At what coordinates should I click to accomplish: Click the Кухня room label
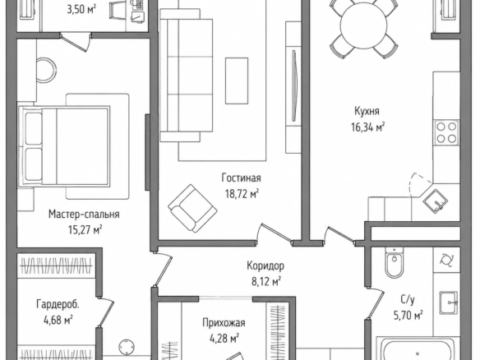click(x=367, y=111)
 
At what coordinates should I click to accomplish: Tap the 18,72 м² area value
click(x=242, y=193)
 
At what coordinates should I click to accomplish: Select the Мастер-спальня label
click(x=84, y=214)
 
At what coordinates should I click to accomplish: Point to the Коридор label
click(x=265, y=265)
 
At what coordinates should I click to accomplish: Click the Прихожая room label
click(x=224, y=323)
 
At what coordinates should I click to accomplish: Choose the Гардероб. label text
click(x=58, y=304)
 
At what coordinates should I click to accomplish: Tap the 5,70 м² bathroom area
click(x=408, y=315)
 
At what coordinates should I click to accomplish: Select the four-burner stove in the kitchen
click(x=446, y=133)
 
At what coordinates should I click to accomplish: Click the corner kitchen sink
click(x=436, y=201)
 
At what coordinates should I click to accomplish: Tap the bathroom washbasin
click(x=449, y=302)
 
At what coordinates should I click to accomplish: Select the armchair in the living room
click(x=192, y=208)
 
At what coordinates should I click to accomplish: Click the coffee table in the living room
click(x=237, y=81)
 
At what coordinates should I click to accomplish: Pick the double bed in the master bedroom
click(x=64, y=145)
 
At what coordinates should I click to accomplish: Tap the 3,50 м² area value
click(x=81, y=9)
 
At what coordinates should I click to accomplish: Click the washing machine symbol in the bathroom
click(x=446, y=260)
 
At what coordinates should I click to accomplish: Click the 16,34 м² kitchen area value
click(x=367, y=127)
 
